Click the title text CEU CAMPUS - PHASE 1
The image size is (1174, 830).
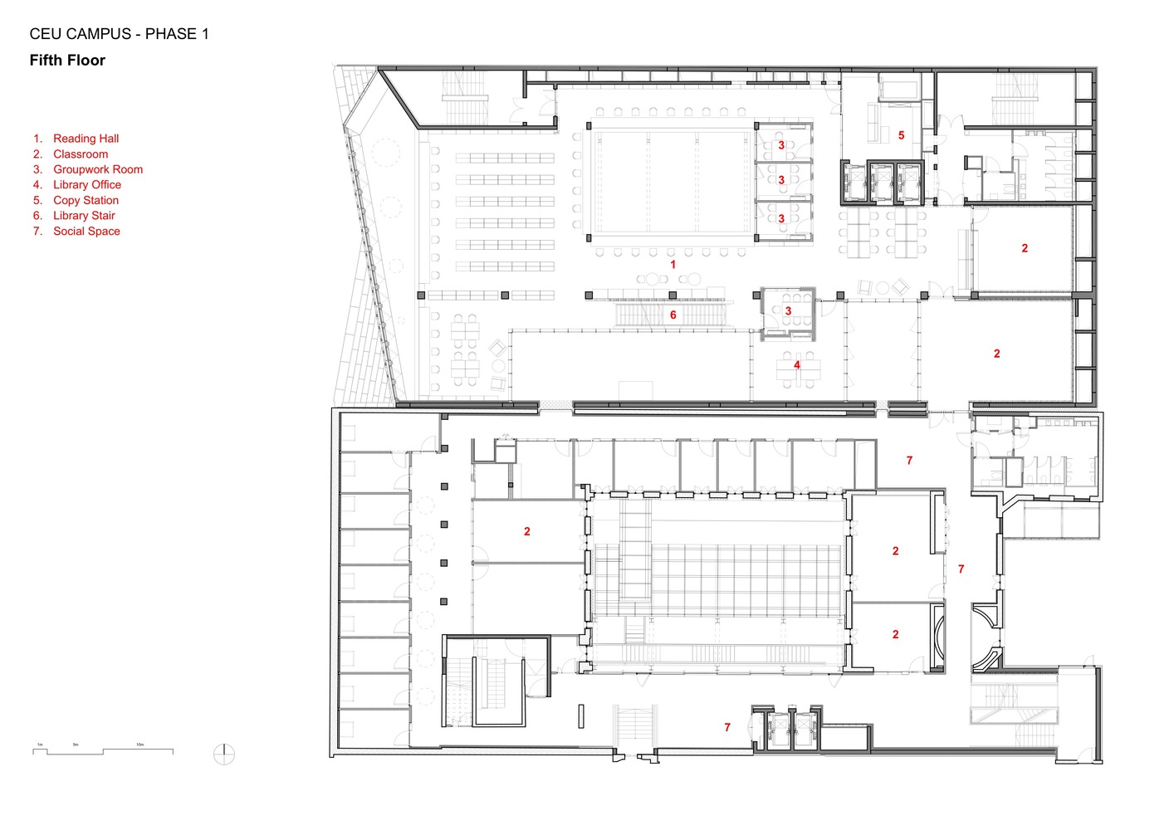[x=119, y=34]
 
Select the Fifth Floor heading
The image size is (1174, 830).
[x=67, y=61]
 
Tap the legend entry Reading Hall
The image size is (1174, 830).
[x=86, y=139]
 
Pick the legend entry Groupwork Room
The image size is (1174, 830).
[x=97, y=169]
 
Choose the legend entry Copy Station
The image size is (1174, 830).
[x=86, y=200]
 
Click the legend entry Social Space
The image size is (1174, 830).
[x=86, y=231]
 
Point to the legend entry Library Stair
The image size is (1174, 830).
[x=84, y=216]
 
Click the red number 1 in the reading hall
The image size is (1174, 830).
[x=673, y=264]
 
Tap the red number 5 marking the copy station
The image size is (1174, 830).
[x=901, y=135]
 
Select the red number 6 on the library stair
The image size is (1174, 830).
[x=673, y=315]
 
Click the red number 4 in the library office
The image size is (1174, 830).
[x=796, y=364]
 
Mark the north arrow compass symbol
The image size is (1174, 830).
[x=224, y=754]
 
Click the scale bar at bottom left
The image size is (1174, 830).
[x=103, y=750]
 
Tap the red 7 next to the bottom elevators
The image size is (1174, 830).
[x=727, y=727]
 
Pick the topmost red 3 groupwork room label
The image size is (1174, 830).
[x=780, y=145]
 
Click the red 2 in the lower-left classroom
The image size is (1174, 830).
[x=526, y=531]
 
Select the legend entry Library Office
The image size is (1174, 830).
[x=86, y=185]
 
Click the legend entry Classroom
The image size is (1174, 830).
[x=80, y=154]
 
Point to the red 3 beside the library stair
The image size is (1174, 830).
[x=788, y=311]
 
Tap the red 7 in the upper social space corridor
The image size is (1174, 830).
[x=909, y=460]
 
